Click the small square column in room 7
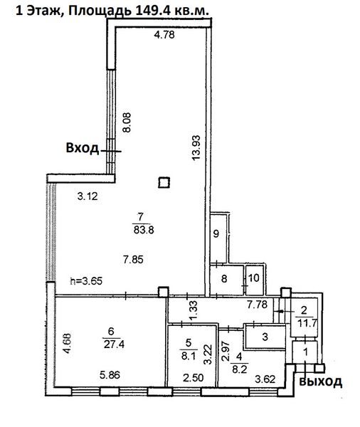click(164, 183)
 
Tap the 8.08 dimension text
click(126, 125)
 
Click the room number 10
click(253, 279)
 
